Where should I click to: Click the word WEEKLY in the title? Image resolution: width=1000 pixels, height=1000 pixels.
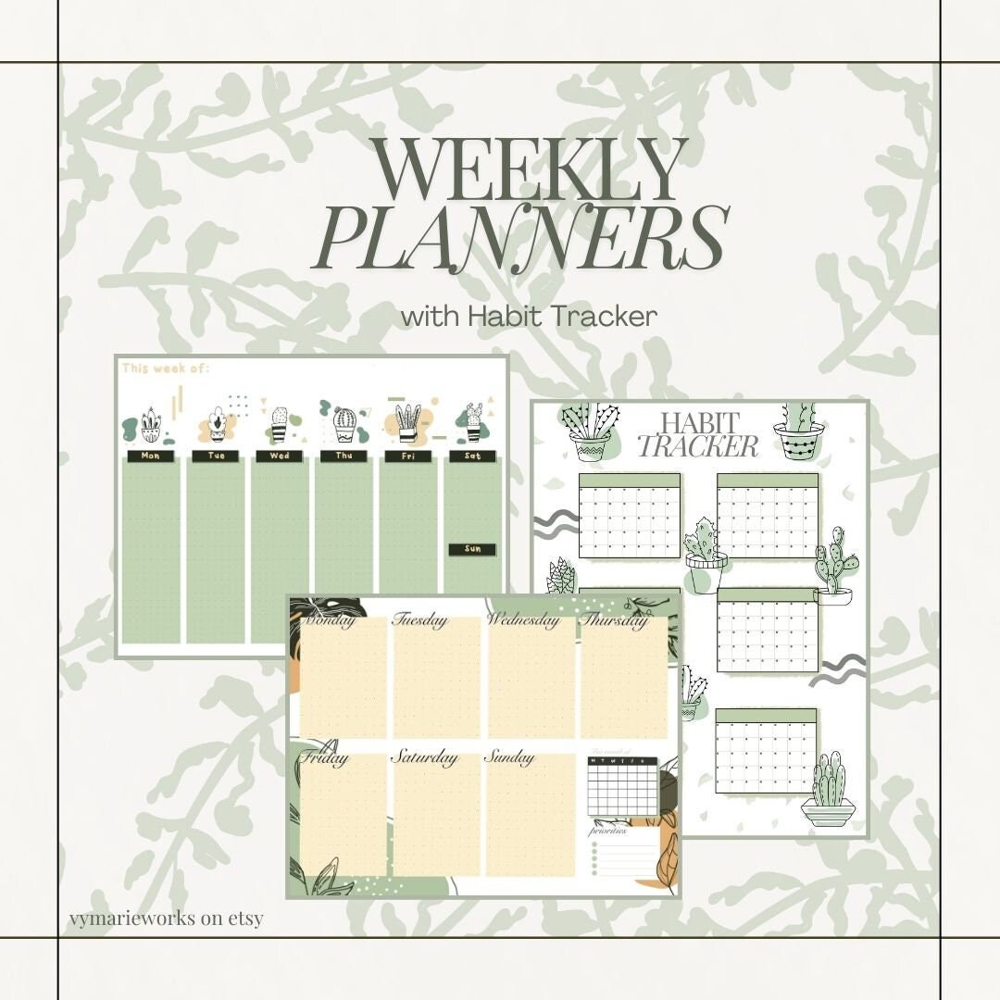531,171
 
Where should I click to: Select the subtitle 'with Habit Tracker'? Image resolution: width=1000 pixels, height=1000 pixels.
529,316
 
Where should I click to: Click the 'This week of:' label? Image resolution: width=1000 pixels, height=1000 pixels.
166,369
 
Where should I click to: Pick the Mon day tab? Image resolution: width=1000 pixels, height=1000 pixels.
151,456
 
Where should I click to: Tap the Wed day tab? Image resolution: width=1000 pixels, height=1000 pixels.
280,456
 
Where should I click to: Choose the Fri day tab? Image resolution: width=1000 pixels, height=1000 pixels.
408,456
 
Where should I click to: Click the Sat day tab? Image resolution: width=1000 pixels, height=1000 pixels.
472,456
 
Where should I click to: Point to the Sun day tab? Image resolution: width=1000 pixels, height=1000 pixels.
472,549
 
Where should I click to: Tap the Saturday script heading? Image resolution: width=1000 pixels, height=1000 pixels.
424,757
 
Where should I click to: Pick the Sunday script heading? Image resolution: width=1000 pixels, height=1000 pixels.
510,757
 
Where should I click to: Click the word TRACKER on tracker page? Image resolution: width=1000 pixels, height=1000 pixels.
698,447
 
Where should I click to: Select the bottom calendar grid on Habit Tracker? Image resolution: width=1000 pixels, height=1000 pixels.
766,751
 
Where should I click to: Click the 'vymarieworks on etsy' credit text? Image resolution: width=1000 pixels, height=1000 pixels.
166,919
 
